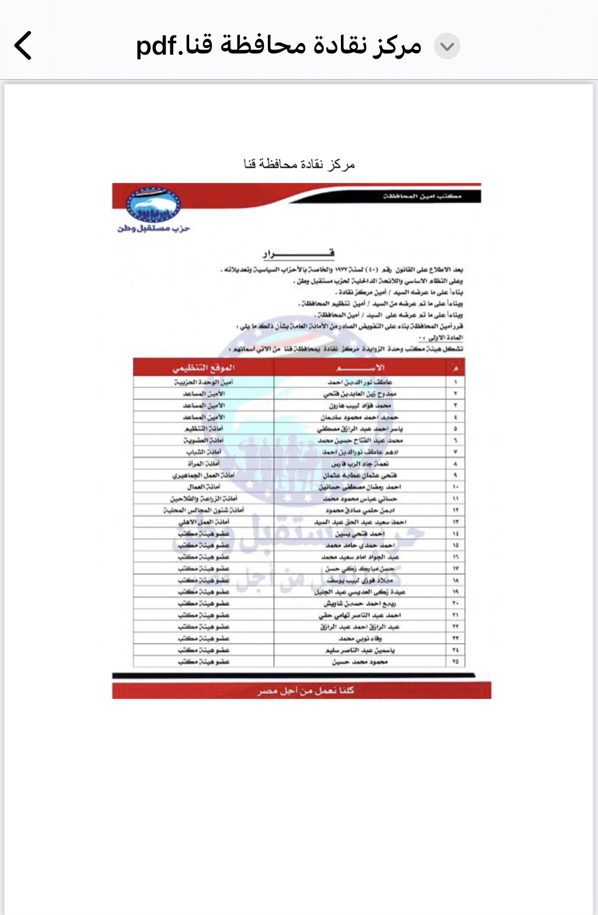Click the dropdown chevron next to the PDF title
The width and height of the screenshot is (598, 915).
click(447, 46)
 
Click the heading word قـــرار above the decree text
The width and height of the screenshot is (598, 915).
click(298, 253)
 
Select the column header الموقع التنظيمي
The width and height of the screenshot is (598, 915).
click(203, 368)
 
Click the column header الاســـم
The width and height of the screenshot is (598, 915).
click(360, 368)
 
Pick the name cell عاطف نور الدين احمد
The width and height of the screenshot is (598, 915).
click(360, 382)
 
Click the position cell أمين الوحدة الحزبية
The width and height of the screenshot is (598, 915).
click(203, 382)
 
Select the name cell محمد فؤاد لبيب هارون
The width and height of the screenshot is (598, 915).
click(360, 406)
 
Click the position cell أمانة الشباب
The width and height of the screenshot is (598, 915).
click(203, 452)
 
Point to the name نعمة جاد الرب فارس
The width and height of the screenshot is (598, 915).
click(360, 464)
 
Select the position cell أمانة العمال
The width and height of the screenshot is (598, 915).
click(203, 487)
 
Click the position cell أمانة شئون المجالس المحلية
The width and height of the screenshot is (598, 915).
click(203, 510)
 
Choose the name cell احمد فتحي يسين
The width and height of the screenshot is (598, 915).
click(360, 534)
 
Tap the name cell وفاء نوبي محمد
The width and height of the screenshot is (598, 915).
click(360, 639)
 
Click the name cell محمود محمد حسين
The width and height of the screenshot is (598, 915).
click(360, 662)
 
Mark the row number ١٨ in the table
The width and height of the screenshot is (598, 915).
click(455, 580)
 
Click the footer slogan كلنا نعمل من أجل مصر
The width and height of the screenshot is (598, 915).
click(306, 691)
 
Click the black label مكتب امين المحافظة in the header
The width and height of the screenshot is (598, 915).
click(422, 196)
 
